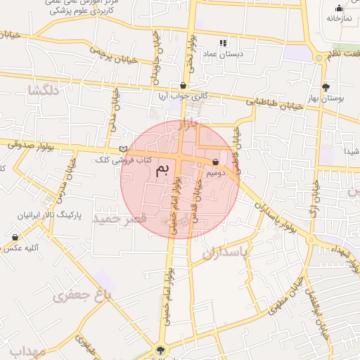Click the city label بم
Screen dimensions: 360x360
click(x=162, y=169)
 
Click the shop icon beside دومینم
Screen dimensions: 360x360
click(x=214, y=162)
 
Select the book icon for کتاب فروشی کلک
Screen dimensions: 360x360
click(x=124, y=149)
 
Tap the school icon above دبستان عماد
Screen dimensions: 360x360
click(x=224, y=43)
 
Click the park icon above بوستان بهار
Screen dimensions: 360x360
click(x=326, y=87)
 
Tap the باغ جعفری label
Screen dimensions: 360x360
click(x=82, y=296)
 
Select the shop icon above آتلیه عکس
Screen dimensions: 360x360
click(x=15, y=238)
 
